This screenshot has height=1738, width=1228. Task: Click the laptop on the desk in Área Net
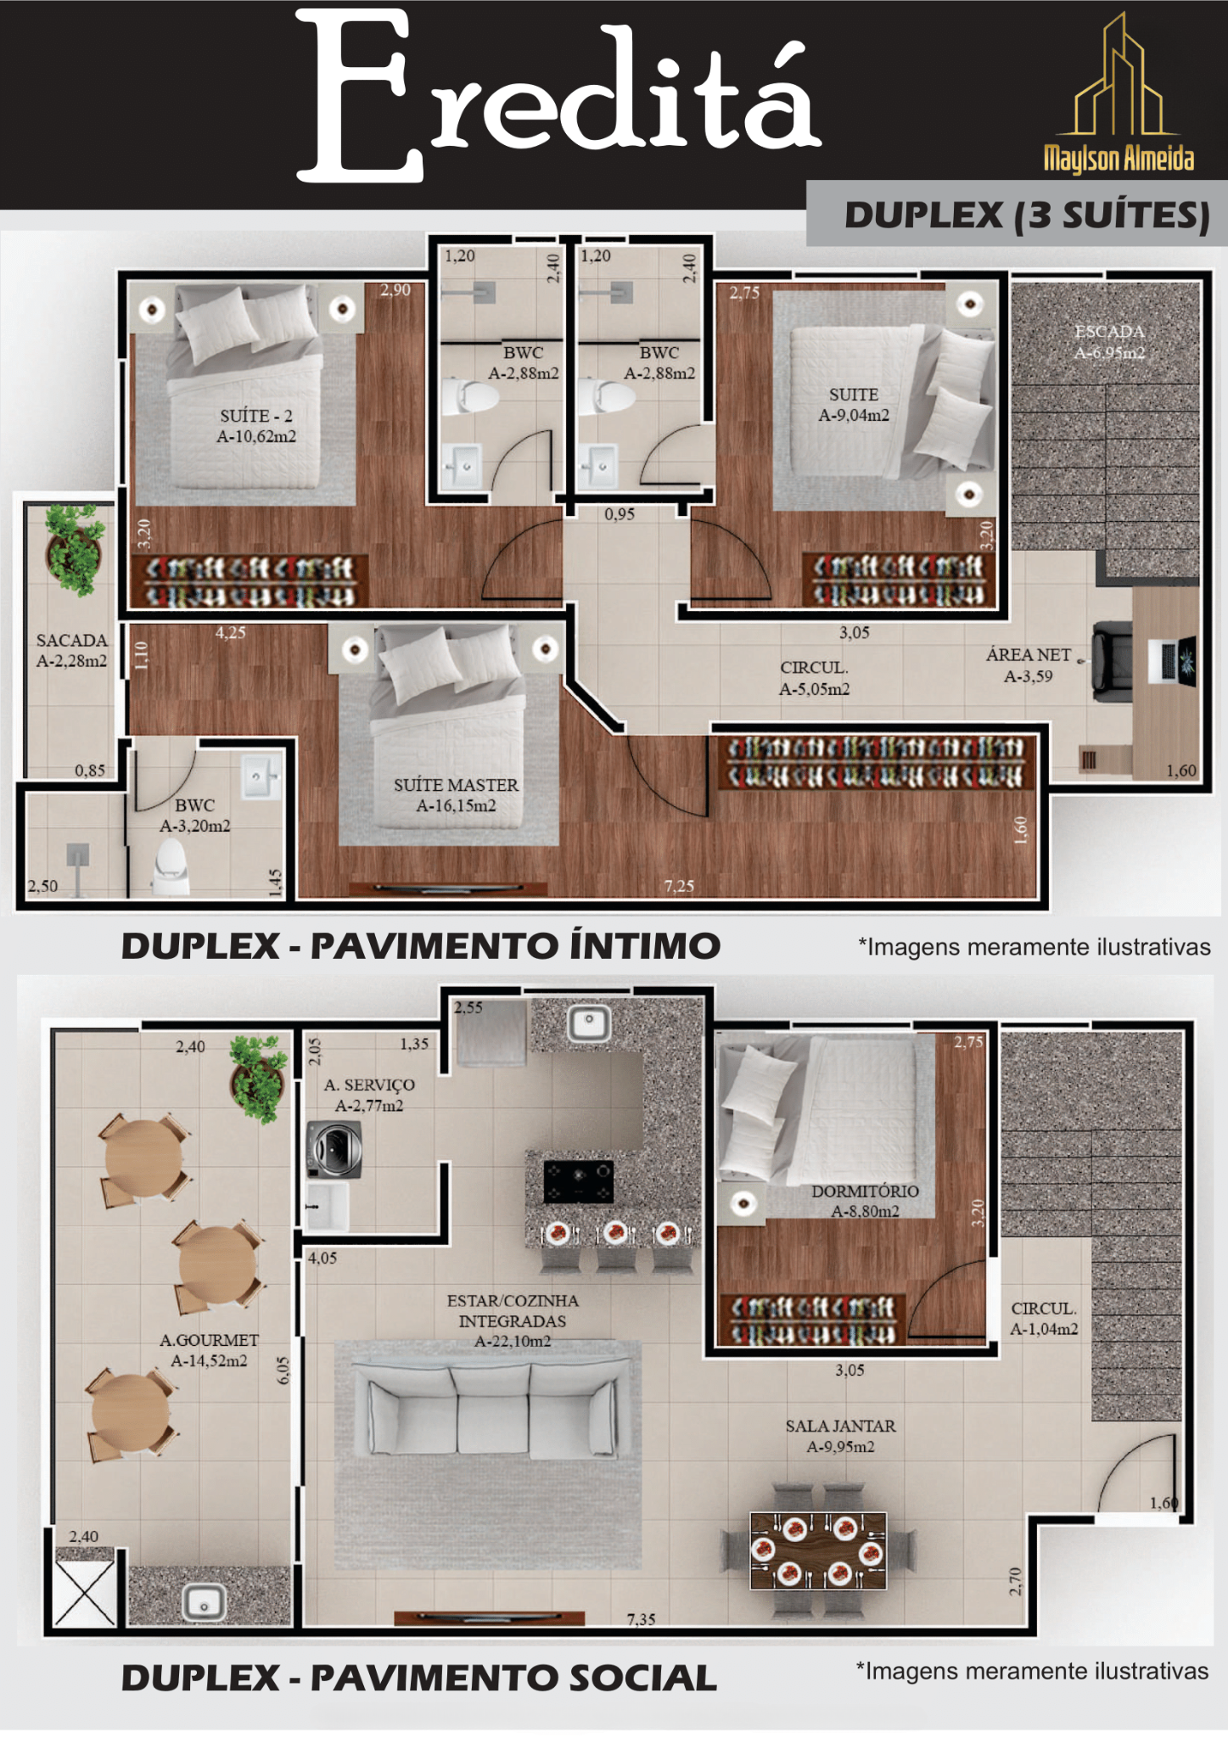[x=1173, y=659]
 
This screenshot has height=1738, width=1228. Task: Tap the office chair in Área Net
[x=1113, y=659]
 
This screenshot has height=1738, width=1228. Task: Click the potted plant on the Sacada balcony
[x=75, y=548]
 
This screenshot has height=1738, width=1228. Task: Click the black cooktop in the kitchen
[x=578, y=1181]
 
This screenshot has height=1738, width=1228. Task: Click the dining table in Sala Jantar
[x=818, y=1550]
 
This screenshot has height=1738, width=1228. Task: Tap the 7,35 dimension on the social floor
[x=642, y=1619]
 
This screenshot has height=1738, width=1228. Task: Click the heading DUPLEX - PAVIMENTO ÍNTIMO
[x=421, y=945]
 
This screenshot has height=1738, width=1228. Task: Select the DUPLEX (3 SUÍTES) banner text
[x=1027, y=215]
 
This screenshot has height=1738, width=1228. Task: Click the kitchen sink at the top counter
[x=589, y=1023]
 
